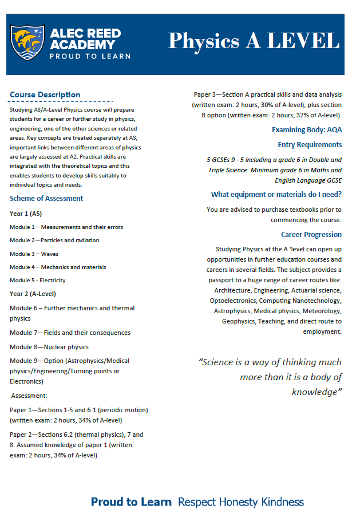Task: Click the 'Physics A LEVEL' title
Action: pos(254,41)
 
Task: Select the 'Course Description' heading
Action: pos(45,95)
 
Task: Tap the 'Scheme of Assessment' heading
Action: pos(46,199)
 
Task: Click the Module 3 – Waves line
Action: pos(34,254)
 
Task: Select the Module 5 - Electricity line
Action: pos(38,281)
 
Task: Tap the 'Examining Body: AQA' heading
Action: pos(307,130)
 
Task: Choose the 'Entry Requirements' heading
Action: pos(310,145)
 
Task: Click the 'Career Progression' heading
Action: pos(311,235)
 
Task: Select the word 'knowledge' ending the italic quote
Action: pos(315,392)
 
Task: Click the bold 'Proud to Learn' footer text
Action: pos(131,502)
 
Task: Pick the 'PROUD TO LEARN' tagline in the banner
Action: pos(90,56)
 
